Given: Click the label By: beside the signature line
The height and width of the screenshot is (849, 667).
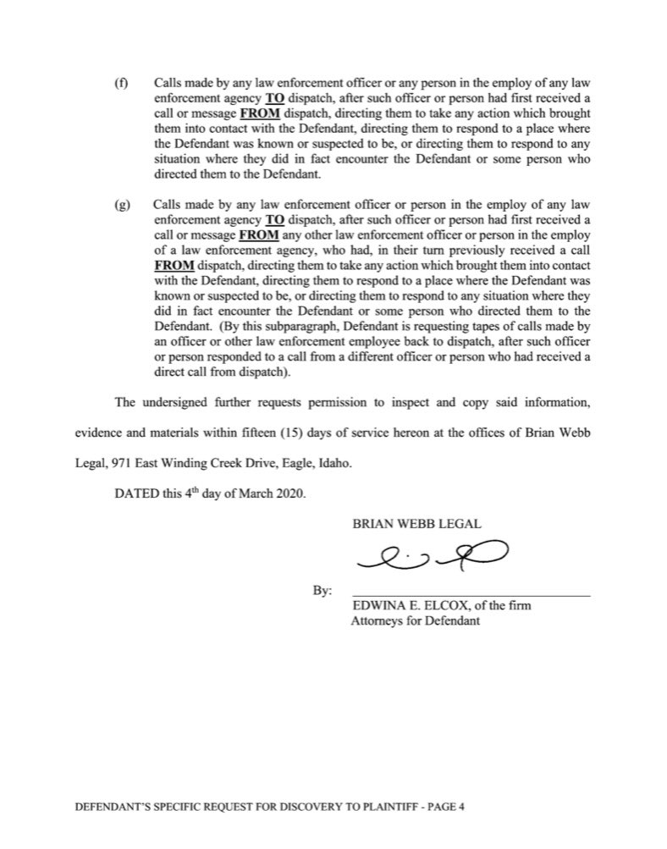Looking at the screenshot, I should click(x=323, y=590).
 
